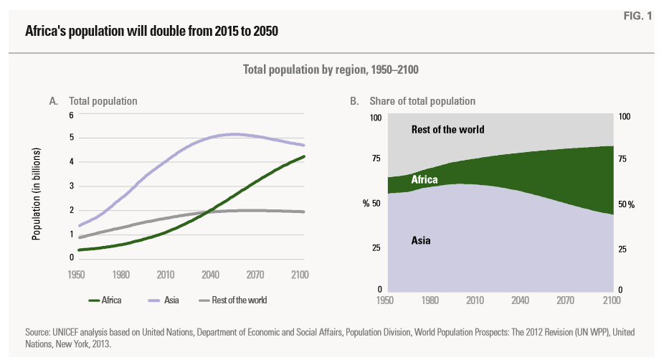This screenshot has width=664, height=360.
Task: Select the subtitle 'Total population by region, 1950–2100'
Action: click(331, 70)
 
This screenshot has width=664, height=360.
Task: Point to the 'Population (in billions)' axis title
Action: click(37, 194)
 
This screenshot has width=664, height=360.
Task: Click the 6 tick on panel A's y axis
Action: click(71, 115)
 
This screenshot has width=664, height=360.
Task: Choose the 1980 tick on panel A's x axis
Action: click(120, 275)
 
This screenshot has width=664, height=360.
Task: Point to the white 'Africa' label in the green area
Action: click(425, 181)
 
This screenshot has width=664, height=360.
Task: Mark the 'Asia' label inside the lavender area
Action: click(421, 240)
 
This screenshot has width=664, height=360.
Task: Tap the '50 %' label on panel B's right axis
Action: click(626, 204)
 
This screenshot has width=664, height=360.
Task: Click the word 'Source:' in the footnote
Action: click(38, 333)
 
